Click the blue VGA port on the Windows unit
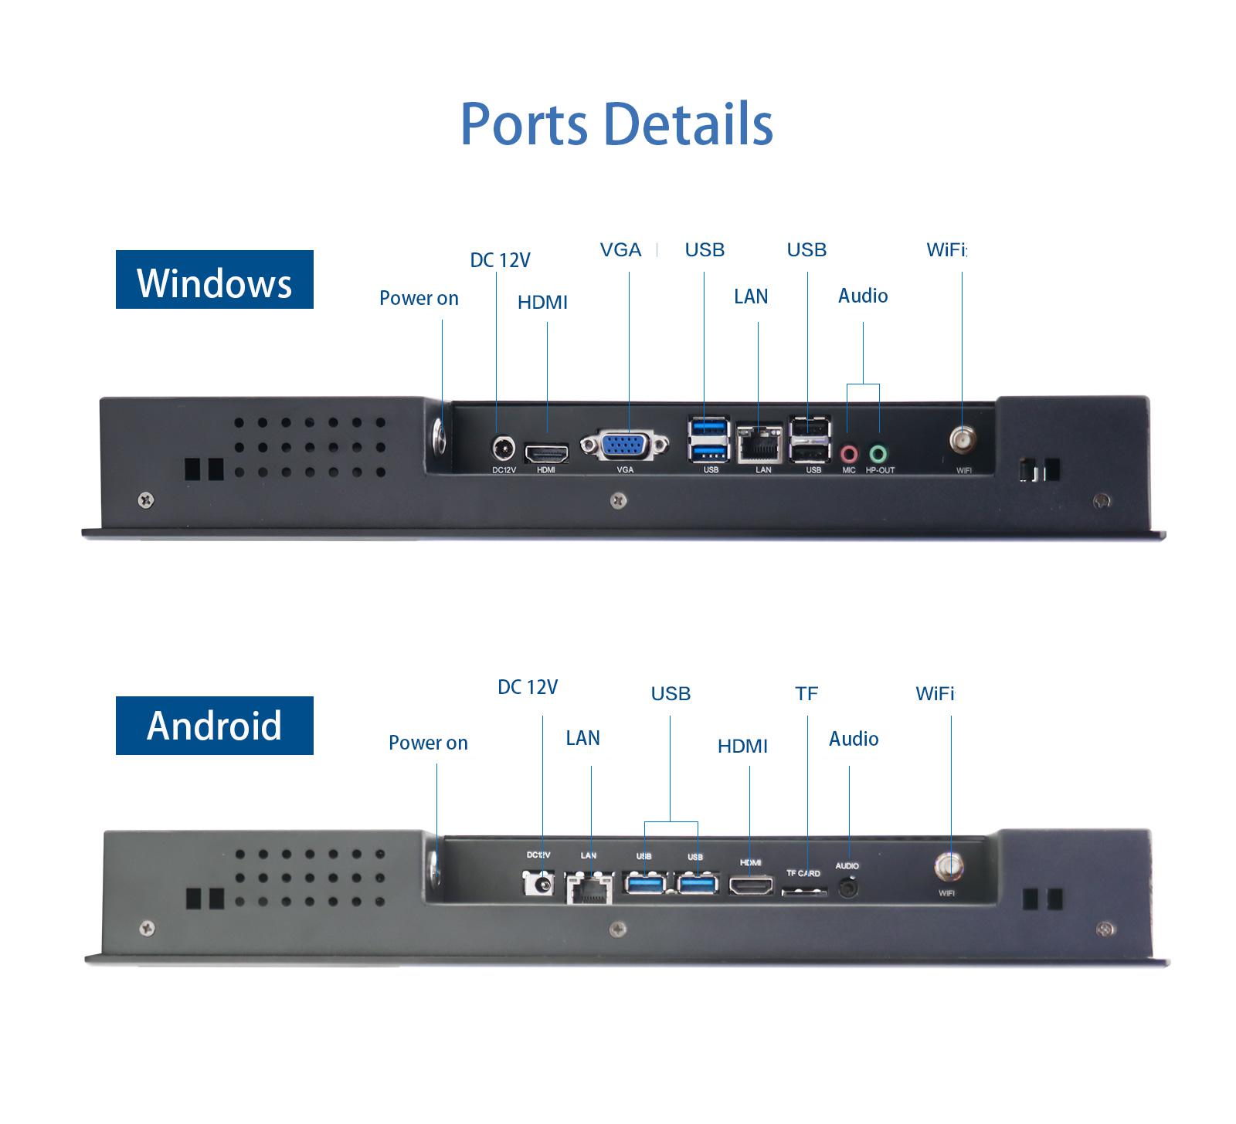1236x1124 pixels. pos(624,445)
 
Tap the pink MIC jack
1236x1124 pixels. pos(849,453)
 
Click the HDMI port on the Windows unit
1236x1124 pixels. pos(546,453)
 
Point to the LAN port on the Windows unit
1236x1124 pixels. pos(760,444)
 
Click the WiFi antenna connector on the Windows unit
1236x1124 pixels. pos(962,441)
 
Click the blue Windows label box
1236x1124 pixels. pos(215,279)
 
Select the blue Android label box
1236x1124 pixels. pos(215,726)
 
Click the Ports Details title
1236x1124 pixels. pos(616,124)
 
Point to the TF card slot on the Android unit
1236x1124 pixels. pos(804,892)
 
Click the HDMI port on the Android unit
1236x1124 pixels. pos(751,886)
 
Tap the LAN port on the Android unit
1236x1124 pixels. pos(589,888)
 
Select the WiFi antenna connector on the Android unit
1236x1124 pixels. pos(948,866)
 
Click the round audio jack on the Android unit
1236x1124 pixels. pos(848,888)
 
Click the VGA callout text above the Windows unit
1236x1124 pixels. pos(620,250)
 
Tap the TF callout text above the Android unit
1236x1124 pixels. pos(806,694)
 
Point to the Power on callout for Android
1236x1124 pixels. pos(428,743)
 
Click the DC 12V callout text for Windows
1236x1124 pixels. pos(501,260)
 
